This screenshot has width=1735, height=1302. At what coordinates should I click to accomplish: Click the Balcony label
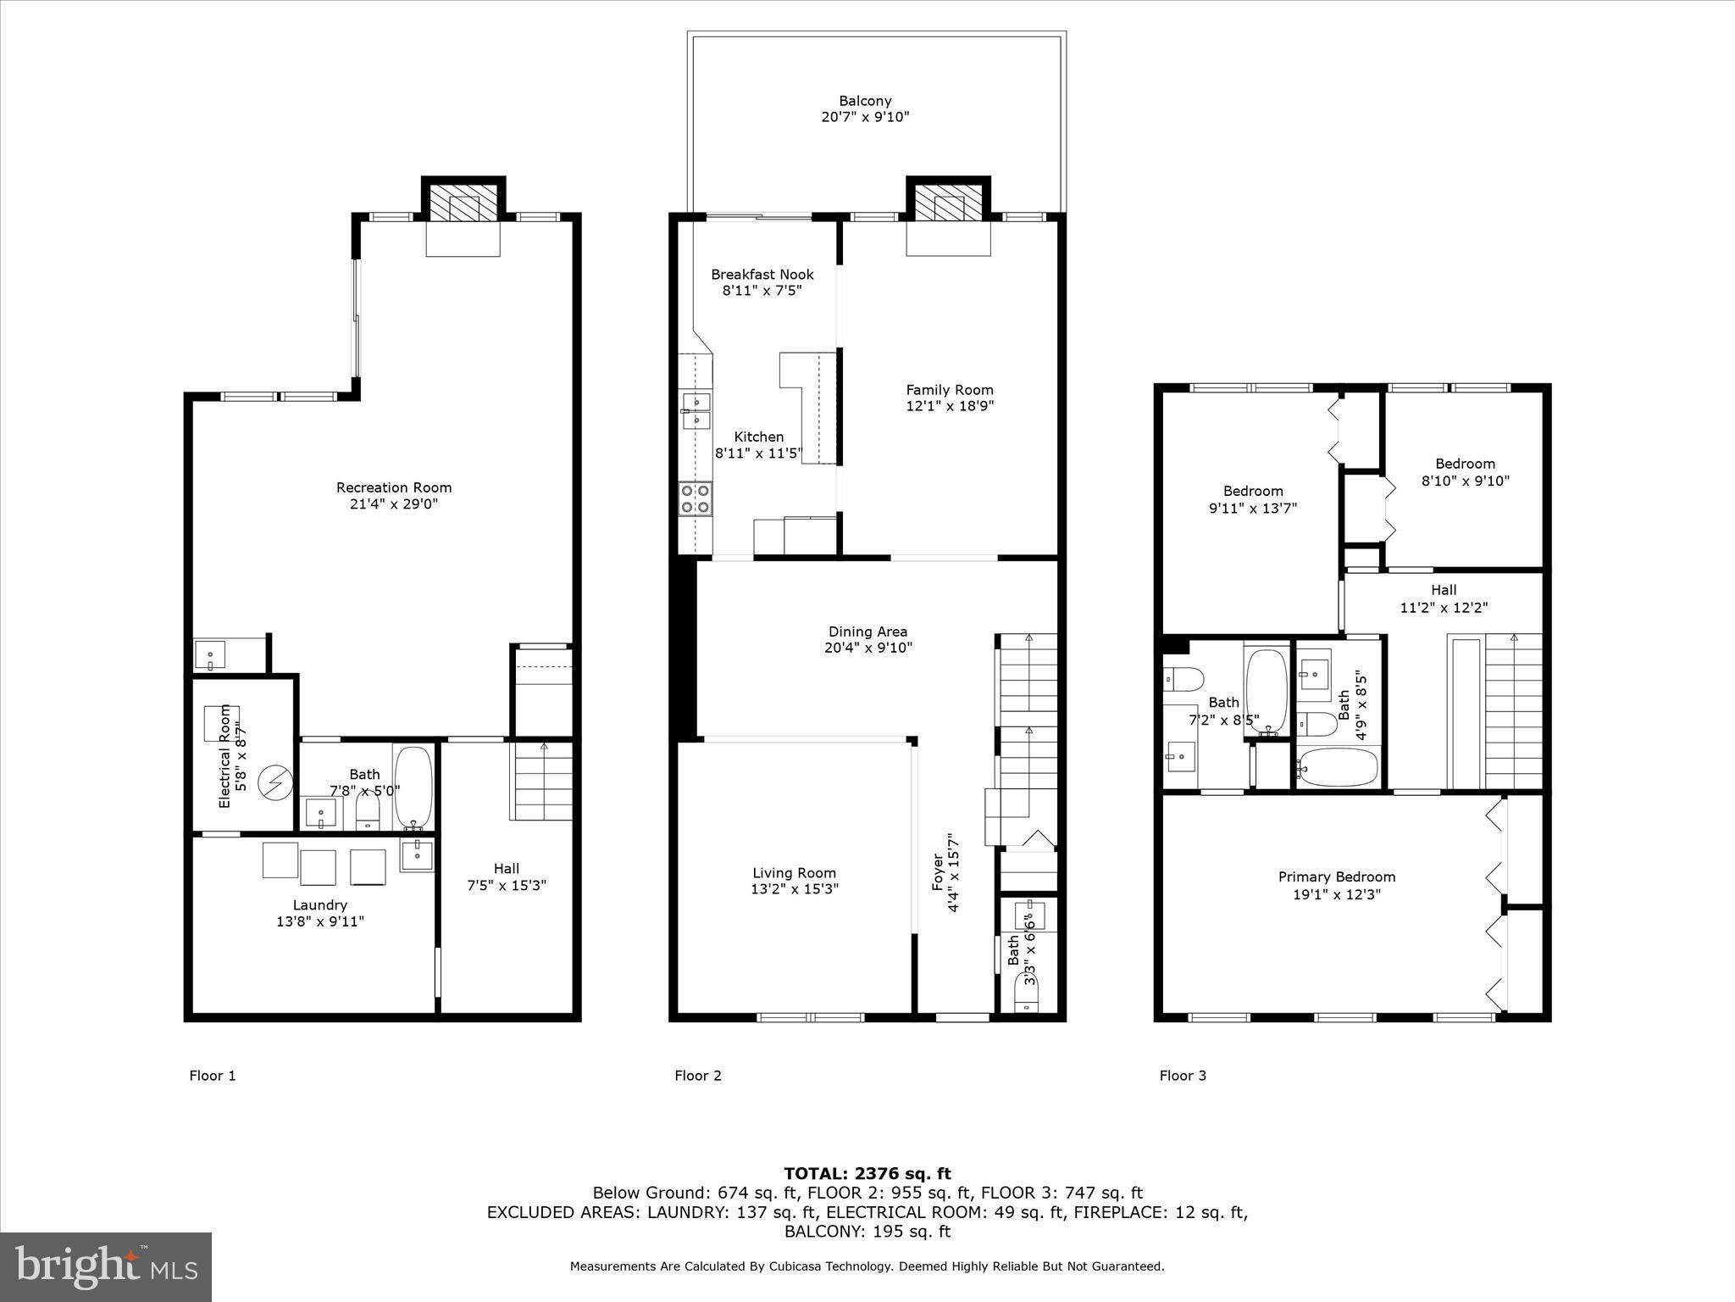click(865, 101)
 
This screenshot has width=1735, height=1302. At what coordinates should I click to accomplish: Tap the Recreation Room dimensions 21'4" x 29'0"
click(394, 504)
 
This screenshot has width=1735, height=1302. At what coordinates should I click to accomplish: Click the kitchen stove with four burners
click(696, 498)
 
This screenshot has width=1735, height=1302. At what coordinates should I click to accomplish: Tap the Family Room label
click(949, 390)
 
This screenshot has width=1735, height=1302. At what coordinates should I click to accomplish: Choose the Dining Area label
click(867, 632)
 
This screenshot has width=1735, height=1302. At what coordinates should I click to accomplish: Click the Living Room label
click(794, 873)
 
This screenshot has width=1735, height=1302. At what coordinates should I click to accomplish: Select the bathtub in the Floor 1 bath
click(413, 787)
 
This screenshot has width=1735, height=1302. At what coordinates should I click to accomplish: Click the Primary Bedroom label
click(1336, 877)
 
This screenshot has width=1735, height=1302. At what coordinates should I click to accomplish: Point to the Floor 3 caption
click(1183, 1076)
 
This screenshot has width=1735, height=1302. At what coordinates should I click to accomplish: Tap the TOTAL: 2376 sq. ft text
click(867, 1174)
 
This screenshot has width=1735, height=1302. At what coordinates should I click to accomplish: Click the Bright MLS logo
click(106, 1267)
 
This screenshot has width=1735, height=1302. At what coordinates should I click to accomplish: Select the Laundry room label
click(320, 905)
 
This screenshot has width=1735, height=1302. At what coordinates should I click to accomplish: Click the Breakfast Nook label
click(762, 275)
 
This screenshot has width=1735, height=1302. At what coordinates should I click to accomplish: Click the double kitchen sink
click(696, 410)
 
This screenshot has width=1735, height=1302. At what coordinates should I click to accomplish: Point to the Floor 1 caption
click(212, 1076)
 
